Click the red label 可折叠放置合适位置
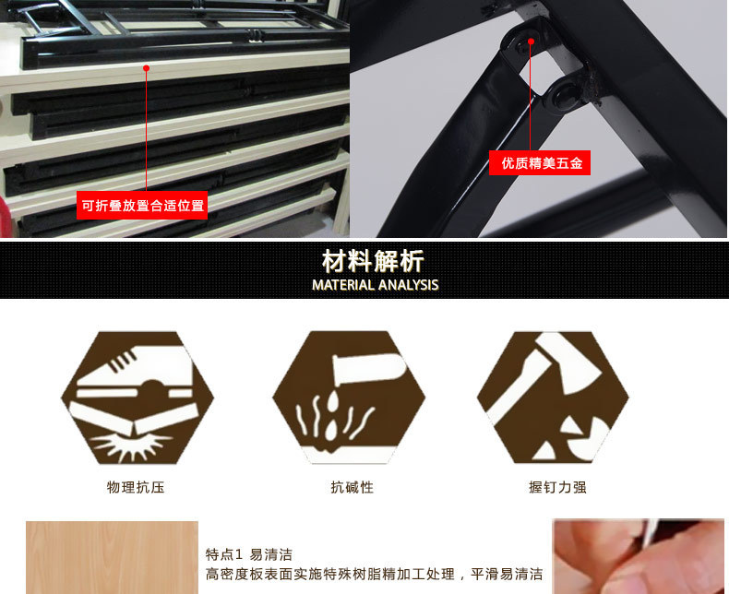coord(142,206)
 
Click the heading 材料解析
coord(373,260)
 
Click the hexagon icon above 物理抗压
coord(137,398)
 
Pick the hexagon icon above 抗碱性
coord(350,398)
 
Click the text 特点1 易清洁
coord(249,554)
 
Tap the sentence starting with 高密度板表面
coord(374,574)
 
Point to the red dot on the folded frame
coord(146,66)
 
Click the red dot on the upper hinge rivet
coord(531,40)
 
